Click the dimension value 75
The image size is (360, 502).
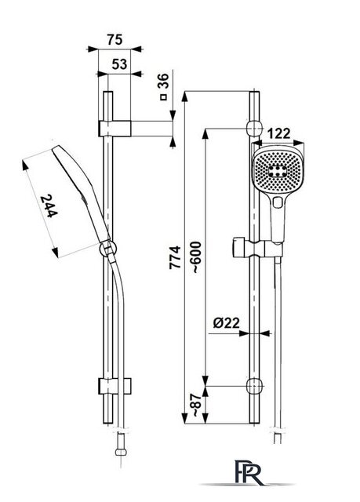tap(115, 40)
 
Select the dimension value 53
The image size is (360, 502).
tap(119, 64)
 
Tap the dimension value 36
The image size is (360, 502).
tap(163, 81)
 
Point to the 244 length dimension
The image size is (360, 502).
tap(49, 206)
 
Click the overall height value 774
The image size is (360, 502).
tap(175, 257)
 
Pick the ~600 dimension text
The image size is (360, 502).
tap(196, 257)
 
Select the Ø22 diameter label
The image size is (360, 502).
tap(226, 322)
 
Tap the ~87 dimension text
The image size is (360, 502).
tap(196, 406)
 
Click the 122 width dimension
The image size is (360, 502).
tap(278, 134)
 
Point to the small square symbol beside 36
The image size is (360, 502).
tap(163, 97)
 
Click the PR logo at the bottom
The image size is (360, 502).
tap(249, 472)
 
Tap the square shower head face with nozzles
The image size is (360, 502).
tap(277, 171)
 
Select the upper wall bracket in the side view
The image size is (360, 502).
tap(115, 129)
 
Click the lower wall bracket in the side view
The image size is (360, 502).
tap(115, 386)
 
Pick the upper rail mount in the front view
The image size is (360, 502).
tap(254, 129)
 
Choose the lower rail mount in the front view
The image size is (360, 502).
tap(254, 386)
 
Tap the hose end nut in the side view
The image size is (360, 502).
tap(121, 452)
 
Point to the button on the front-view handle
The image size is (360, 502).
tap(278, 202)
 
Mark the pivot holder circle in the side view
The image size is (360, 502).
tap(108, 249)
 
